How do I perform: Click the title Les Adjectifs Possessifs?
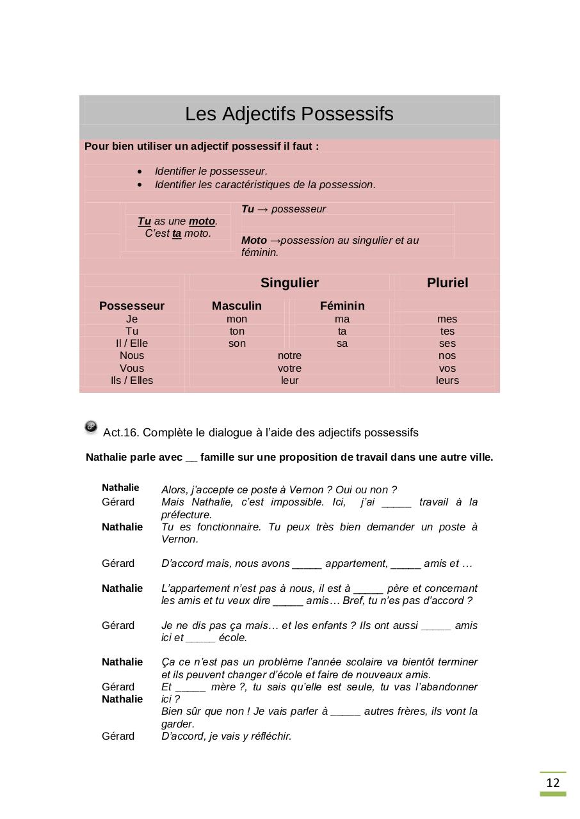289,114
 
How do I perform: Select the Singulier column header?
289,283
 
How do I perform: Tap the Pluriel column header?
447,283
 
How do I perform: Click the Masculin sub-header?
237,306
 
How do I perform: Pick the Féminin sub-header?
342,306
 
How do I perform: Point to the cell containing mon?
237,319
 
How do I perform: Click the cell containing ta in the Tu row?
342,331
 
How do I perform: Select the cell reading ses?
447,343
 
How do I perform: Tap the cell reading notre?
289,355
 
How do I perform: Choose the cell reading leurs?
447,380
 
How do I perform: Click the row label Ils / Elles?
132,380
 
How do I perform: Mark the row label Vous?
132,368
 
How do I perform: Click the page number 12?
552,783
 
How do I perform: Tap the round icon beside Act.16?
91,427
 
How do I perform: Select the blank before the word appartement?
307,564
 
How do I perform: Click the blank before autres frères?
346,712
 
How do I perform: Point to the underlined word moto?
202,221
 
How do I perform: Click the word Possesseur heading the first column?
132,306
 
